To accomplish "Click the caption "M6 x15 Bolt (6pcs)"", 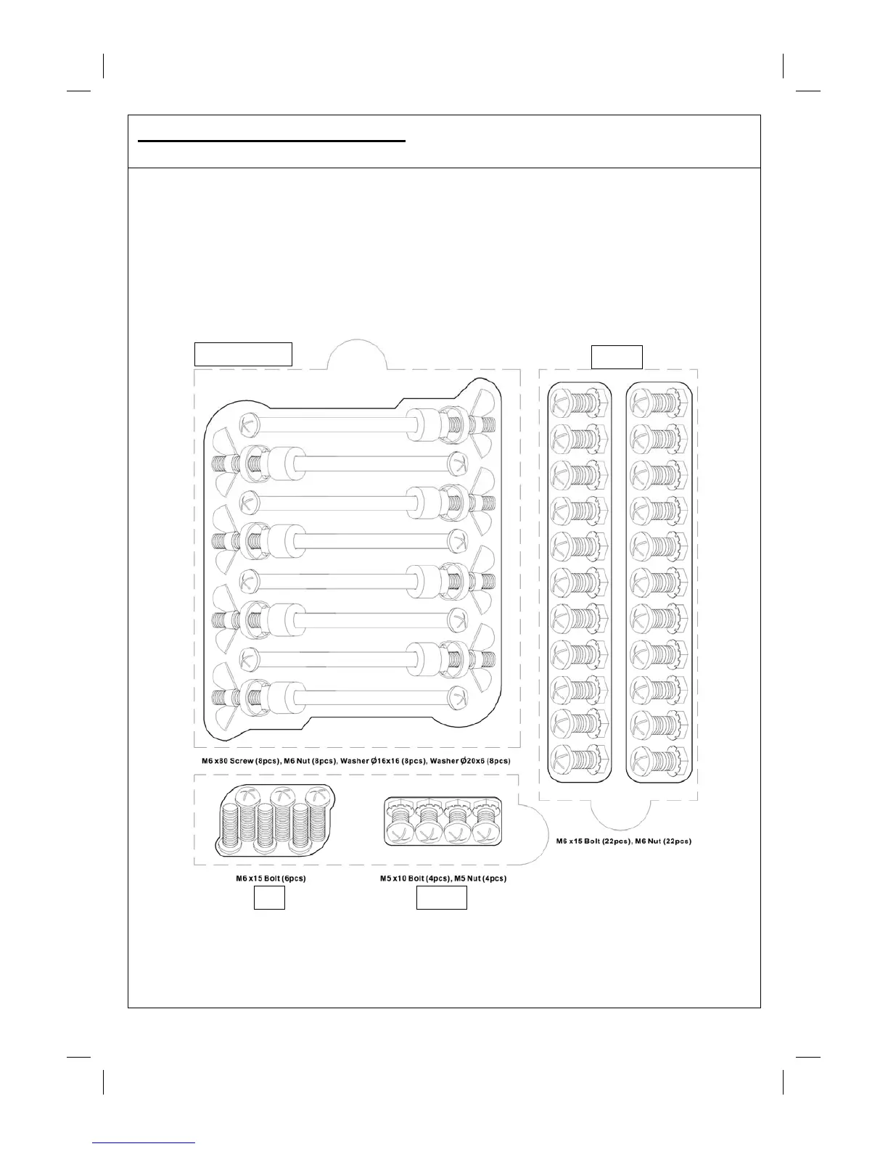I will pyautogui.click(x=270, y=878).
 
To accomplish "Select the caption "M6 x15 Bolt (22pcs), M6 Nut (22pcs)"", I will pyautogui.click(x=619, y=841).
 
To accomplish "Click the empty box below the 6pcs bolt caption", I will pyautogui.click(x=269, y=899).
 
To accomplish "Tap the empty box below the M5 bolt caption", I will pyautogui.click(x=441, y=899).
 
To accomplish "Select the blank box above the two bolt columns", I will pyautogui.click(x=617, y=358).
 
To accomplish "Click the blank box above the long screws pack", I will pyautogui.click(x=243, y=354).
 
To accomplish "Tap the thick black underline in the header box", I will pyautogui.click(x=271, y=141).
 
